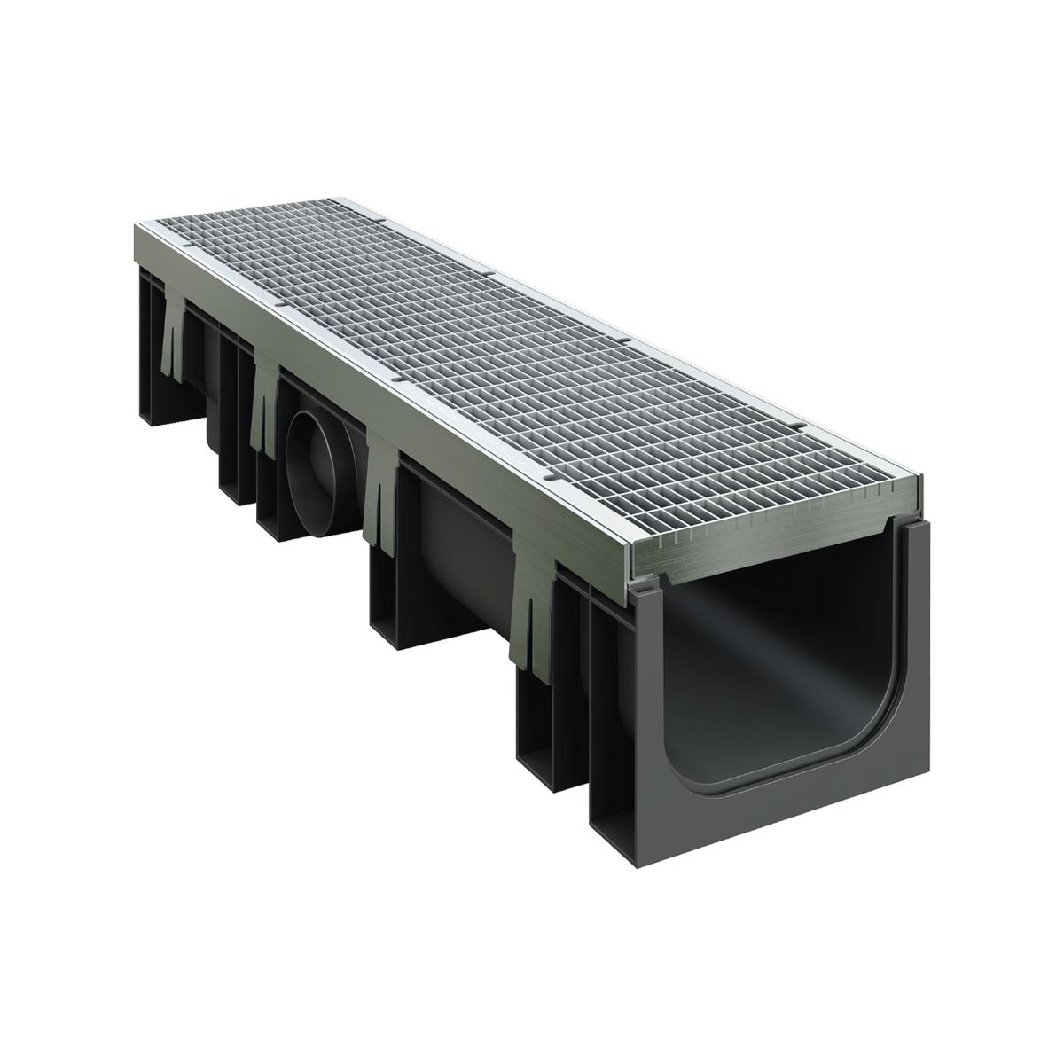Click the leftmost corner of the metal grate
135,223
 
